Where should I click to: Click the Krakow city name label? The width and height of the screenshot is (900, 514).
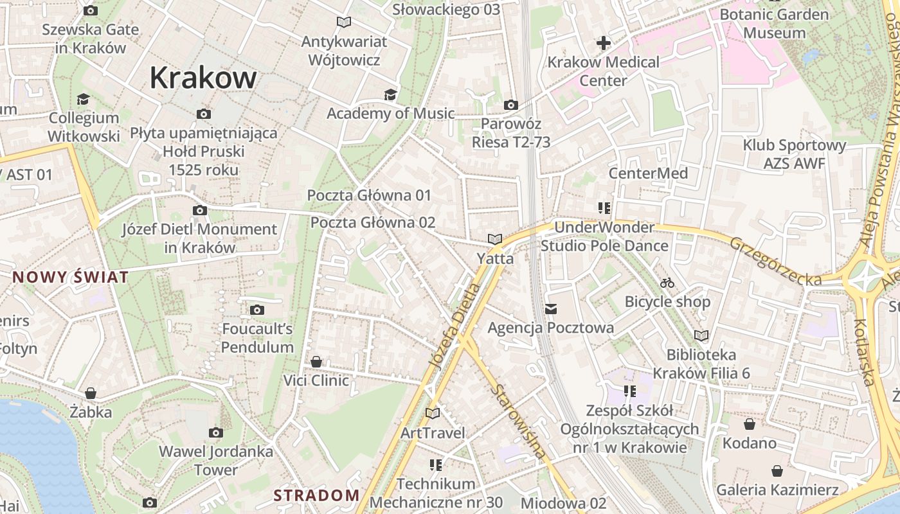[x=203, y=78]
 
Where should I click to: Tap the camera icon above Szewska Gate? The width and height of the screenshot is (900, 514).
[x=91, y=10]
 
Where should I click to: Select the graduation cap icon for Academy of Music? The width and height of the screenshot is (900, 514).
[x=390, y=95]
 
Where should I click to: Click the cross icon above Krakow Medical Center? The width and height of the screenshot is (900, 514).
[x=603, y=43]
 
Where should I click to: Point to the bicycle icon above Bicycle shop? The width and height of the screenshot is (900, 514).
[x=667, y=283]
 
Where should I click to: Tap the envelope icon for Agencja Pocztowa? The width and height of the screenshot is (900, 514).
[x=550, y=309]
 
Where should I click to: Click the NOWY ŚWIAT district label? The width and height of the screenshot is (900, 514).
[x=71, y=278]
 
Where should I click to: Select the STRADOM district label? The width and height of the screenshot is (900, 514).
[x=316, y=495]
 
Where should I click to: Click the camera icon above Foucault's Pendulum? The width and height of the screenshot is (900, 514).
[x=257, y=310]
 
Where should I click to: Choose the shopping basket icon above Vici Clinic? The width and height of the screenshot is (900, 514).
[x=316, y=362]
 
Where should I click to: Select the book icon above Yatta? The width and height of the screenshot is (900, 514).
[x=494, y=239]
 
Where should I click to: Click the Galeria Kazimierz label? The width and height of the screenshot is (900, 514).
[x=777, y=490]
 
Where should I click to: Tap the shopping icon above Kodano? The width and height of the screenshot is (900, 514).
[x=749, y=424]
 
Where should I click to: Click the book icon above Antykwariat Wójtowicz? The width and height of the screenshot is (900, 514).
[x=344, y=22]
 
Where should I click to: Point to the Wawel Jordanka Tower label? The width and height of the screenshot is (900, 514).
[x=216, y=461]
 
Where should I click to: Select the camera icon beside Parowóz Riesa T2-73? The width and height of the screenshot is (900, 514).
[x=510, y=105]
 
